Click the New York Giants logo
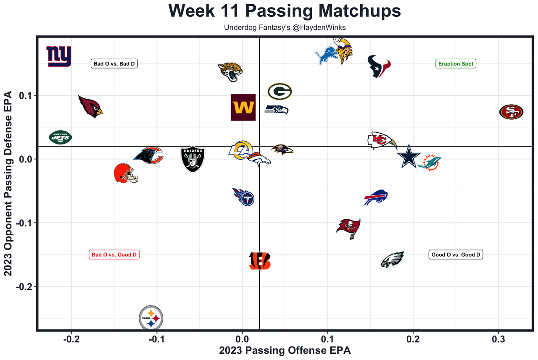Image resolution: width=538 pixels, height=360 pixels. [59, 56]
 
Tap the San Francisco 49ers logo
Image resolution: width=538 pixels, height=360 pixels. [511, 112]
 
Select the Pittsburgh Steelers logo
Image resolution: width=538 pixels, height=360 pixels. [151, 318]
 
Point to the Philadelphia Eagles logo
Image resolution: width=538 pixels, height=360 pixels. [392, 259]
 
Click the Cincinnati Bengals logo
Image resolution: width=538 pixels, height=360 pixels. [259, 261]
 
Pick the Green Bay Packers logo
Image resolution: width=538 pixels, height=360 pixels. [280, 91]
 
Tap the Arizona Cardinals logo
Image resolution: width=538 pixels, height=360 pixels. [90, 107]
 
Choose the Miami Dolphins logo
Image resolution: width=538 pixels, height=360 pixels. [430, 163]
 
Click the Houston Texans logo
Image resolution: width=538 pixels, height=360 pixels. [379, 66]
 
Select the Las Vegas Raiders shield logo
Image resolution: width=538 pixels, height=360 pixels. [193, 159]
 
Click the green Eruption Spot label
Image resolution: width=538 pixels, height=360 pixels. [456, 64]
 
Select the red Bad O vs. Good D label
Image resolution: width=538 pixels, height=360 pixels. [114, 255]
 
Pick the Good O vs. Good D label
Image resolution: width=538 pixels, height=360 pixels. [456, 255]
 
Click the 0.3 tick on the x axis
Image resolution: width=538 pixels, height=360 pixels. [498, 339]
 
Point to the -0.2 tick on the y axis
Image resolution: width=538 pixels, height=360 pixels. [24, 286]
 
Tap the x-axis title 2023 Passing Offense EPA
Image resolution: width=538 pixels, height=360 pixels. [285, 350]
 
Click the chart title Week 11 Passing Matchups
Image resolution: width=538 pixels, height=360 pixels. [285, 11]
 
